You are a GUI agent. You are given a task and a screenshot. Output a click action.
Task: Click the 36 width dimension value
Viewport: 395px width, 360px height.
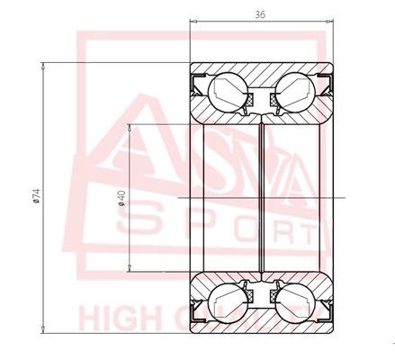tap(261, 15)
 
